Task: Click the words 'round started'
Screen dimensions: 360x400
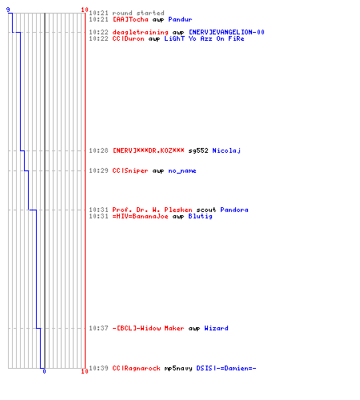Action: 138,13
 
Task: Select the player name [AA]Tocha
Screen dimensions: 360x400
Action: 130,19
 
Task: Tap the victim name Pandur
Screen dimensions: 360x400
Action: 180,19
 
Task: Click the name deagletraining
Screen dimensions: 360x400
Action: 140,32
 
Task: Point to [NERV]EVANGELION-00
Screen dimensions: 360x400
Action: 226,32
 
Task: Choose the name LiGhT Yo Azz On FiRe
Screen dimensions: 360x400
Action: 204,38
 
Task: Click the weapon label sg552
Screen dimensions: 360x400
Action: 198,150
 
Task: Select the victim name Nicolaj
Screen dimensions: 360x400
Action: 226,150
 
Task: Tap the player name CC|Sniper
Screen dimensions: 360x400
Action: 130,170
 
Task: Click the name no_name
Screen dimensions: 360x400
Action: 182,171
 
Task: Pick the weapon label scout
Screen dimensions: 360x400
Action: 206,210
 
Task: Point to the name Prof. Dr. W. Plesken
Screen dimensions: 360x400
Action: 152,210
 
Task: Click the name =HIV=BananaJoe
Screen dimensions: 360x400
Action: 140,216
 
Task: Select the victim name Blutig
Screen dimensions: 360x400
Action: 201,216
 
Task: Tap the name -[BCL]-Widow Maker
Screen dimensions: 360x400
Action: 148,328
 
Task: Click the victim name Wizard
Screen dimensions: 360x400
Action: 216,328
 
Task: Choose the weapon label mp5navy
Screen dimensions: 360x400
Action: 178,368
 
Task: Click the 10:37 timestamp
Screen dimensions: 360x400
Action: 98,328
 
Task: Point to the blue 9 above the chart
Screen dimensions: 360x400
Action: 8,10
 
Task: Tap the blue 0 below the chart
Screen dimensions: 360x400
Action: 44,371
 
